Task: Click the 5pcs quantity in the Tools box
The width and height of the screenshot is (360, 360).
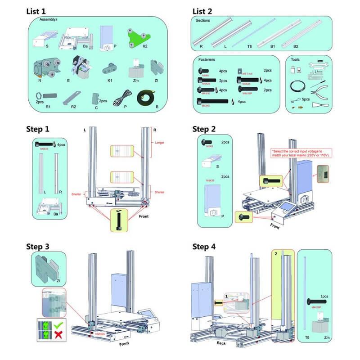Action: coord(306,99)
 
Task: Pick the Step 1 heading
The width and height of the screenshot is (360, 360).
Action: coord(44,129)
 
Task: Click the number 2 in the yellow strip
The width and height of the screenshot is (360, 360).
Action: coord(275,254)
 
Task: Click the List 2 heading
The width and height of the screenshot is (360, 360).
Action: coord(206,11)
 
